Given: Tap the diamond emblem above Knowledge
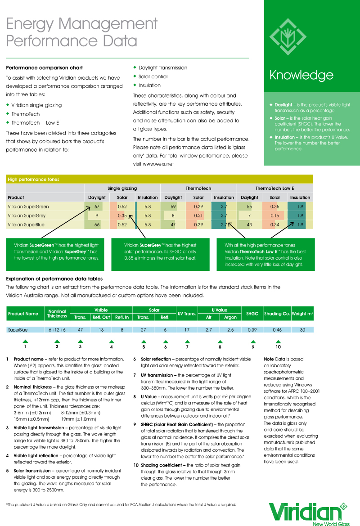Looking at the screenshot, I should tap(287, 36).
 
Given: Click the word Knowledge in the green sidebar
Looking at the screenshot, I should tap(301, 75).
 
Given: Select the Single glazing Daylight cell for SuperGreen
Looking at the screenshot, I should tap(96, 207).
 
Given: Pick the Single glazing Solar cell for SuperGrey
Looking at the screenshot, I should tap(122, 216).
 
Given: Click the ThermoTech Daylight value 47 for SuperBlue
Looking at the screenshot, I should tap(173, 224).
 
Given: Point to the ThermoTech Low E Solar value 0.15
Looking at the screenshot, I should tap(274, 216).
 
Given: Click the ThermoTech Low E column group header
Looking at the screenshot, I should tap(274, 188).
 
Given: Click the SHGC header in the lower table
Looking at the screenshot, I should tap(252, 313).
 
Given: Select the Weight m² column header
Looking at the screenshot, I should tap(302, 313).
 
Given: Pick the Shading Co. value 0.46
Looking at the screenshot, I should tap(277, 330).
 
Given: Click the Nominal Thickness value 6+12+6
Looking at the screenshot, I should tap(57, 330).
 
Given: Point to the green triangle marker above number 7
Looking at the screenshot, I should tap(187, 342).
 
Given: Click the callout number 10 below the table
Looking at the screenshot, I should tap(278, 347).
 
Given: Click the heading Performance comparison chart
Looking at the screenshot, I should tap(44, 68).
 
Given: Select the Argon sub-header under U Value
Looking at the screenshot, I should tap(230, 317).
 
